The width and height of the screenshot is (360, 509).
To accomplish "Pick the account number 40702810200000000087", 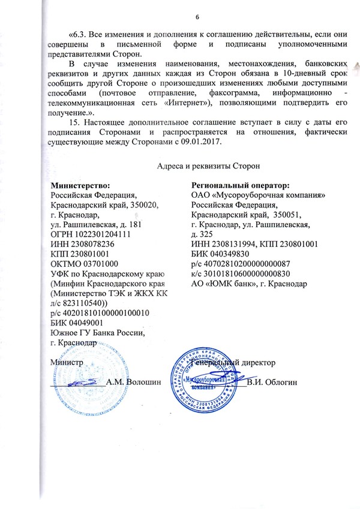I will (246, 264).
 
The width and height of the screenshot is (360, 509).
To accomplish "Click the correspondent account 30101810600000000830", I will (246, 273).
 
